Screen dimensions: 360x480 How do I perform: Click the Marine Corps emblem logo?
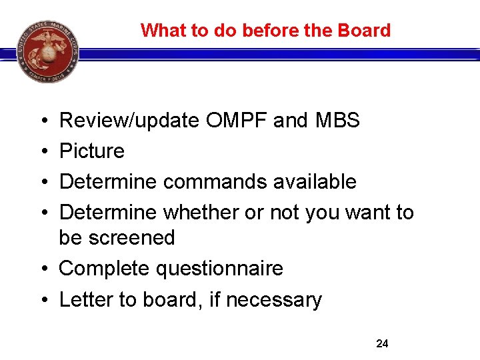(49, 51)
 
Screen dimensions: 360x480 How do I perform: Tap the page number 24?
(382, 344)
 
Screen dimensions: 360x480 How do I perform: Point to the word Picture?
(92, 151)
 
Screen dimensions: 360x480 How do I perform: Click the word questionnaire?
(219, 269)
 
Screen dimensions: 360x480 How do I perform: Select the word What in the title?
(160, 31)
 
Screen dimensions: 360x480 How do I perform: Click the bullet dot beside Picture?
(42, 151)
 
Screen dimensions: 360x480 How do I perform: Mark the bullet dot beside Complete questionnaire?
(42, 269)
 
